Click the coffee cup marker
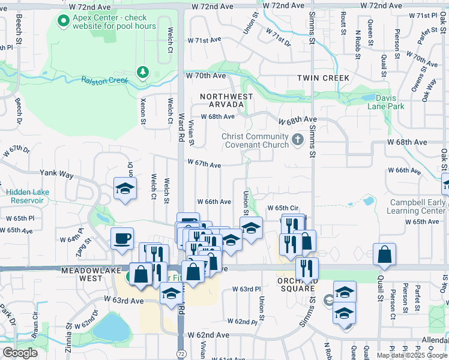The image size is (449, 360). (122, 239)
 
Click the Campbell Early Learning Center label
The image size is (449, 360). (417, 207)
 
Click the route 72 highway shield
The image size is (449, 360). (181, 354)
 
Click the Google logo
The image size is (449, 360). (20, 353)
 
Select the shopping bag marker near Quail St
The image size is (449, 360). (384, 255)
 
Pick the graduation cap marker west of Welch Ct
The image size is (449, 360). (125, 188)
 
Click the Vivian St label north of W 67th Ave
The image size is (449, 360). (191, 133)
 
